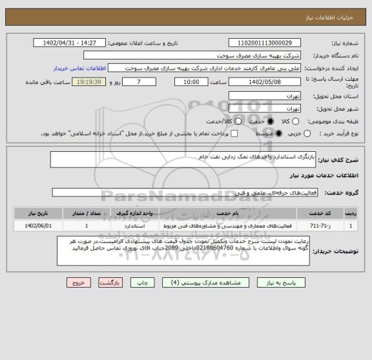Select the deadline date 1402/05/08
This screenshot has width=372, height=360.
[265, 82]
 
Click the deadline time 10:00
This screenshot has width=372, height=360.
[191, 82]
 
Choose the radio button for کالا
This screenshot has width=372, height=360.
[296, 121]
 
